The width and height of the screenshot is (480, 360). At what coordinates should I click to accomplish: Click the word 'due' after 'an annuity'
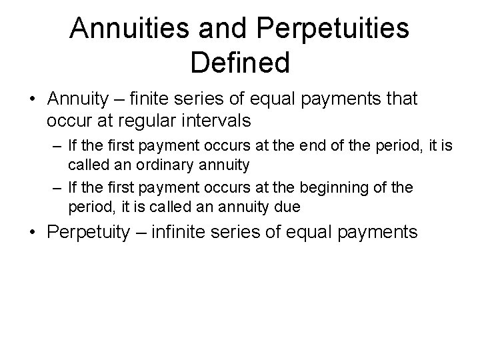tap(287, 207)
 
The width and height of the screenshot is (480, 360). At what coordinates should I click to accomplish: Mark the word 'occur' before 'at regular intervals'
tap(65, 121)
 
